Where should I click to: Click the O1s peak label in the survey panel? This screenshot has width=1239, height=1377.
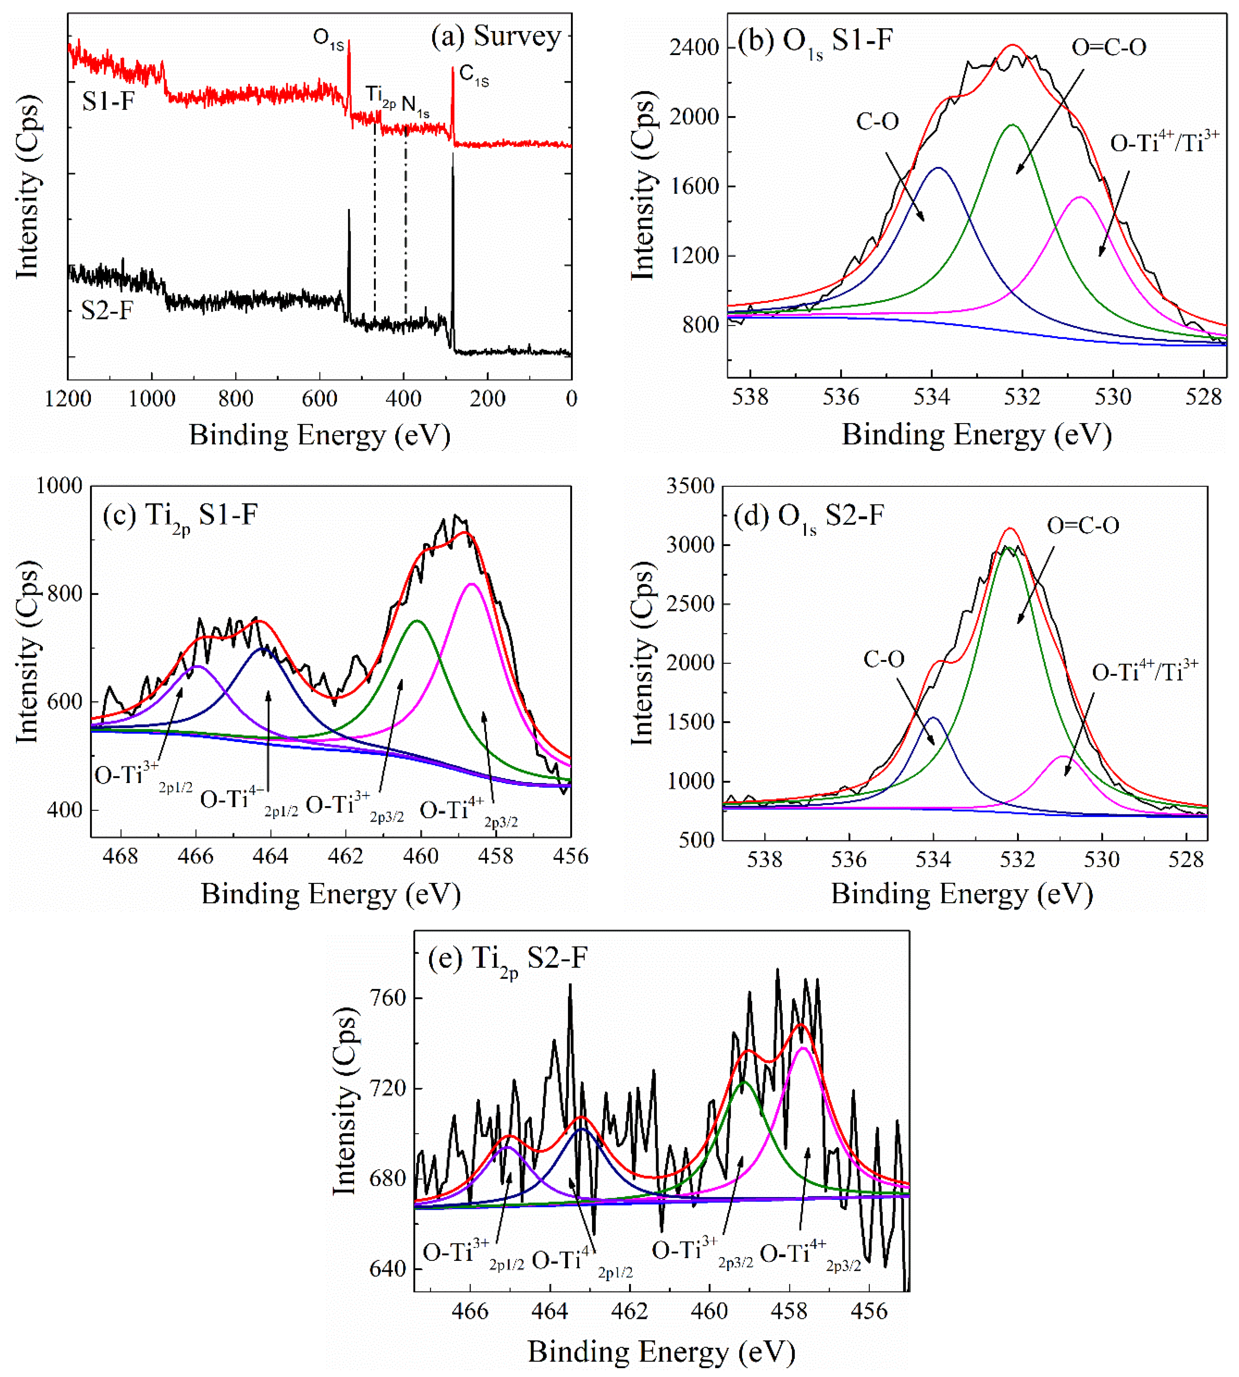coord(328,39)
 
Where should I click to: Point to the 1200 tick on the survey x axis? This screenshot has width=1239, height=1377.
coord(68,398)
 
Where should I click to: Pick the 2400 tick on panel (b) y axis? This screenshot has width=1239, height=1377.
coord(693,48)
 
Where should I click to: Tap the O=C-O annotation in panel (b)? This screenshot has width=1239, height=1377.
coord(1109,48)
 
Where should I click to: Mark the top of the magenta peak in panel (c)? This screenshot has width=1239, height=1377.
coord(471,584)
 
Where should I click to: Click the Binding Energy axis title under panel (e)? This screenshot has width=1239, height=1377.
coord(661,1352)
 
